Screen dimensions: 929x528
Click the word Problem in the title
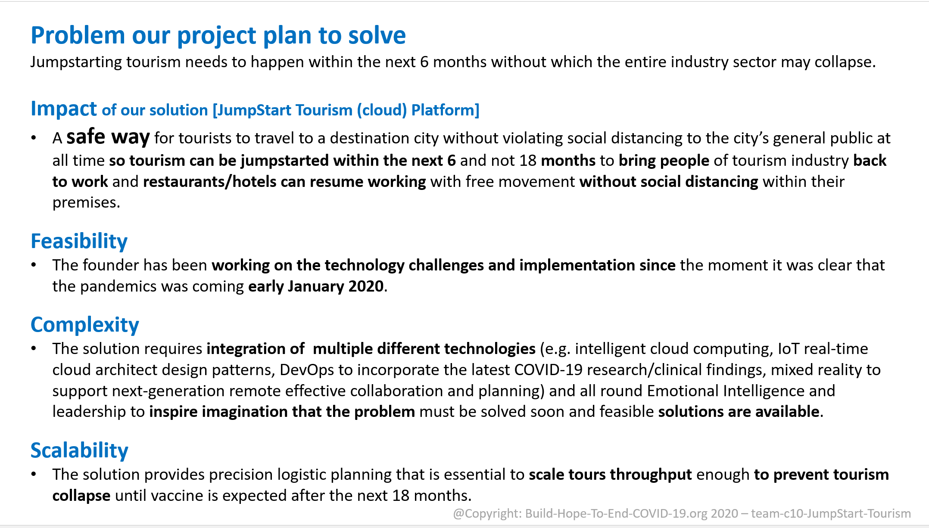(78, 36)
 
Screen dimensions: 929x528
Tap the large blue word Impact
(64, 109)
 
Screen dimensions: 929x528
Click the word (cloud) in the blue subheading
(382, 110)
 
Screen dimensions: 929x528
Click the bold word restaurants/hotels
(210, 182)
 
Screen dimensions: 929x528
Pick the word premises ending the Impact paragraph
(86, 203)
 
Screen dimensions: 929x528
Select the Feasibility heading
(79, 241)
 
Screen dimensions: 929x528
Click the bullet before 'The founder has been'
(34, 265)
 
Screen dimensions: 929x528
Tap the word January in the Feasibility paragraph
(316, 286)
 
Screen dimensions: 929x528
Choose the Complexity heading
(85, 325)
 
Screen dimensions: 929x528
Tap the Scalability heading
(79, 450)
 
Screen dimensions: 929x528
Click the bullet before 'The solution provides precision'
(34, 475)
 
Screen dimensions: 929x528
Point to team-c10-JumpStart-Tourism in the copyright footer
(831, 513)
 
